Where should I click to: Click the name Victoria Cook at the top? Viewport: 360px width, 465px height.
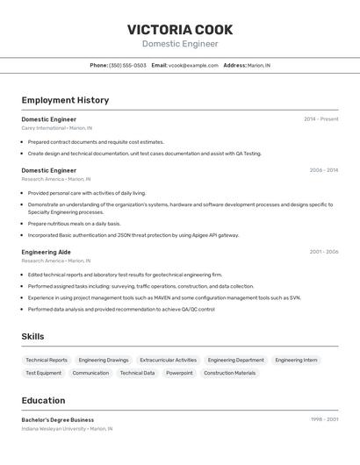pyautogui.click(x=180, y=29)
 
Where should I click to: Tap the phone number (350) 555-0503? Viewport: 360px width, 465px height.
pyautogui.click(x=127, y=65)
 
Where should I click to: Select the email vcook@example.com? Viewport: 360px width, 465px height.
pyautogui.click(x=193, y=65)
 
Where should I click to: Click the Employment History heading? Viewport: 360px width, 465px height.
pyautogui.click(x=65, y=100)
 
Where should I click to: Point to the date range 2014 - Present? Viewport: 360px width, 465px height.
pyautogui.click(x=320, y=119)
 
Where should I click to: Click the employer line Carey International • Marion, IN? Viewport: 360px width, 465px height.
pyautogui.click(x=56, y=128)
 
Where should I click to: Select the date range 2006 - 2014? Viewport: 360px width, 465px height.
pyautogui.click(x=323, y=170)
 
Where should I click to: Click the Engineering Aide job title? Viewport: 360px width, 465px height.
pyautogui.click(x=46, y=252)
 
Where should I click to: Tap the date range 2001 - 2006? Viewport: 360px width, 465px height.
pyautogui.click(x=323, y=252)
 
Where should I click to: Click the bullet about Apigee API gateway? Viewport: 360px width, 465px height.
pyautogui.click(x=133, y=235)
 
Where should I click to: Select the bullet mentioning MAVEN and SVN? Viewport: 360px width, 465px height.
pyautogui.click(x=164, y=297)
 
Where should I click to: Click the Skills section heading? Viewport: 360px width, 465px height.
pyautogui.click(x=32, y=336)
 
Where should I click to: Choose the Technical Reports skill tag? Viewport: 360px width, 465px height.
pyautogui.click(x=47, y=360)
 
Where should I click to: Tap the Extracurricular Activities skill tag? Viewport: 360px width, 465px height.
pyautogui.click(x=168, y=360)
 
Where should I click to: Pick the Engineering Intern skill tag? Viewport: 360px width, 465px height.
pyautogui.click(x=296, y=360)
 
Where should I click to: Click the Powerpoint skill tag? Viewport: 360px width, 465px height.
pyautogui.click(x=179, y=373)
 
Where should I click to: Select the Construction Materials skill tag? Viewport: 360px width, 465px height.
pyautogui.click(x=230, y=373)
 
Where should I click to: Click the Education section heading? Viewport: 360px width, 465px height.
pyautogui.click(x=43, y=400)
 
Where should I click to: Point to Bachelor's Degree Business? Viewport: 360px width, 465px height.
pyautogui.click(x=58, y=419)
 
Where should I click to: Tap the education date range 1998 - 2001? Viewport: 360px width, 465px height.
pyautogui.click(x=323, y=419)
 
